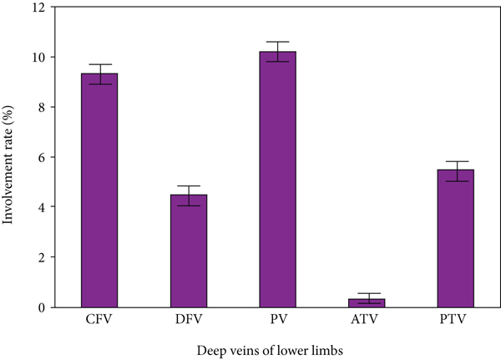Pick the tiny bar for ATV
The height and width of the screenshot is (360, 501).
click(x=367, y=302)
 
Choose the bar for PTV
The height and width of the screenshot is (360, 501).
click(x=456, y=238)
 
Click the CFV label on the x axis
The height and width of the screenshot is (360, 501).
click(x=99, y=320)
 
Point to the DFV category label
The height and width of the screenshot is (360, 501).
click(x=189, y=320)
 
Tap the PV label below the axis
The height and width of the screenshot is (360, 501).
click(x=278, y=320)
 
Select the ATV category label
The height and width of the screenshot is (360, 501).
click(x=367, y=320)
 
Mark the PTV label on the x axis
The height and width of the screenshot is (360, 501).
click(x=456, y=320)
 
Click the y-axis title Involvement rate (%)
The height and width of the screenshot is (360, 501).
click(x=13, y=157)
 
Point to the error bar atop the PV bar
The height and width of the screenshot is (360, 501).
click(x=278, y=51)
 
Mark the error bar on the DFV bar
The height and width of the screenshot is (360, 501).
click(x=189, y=195)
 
